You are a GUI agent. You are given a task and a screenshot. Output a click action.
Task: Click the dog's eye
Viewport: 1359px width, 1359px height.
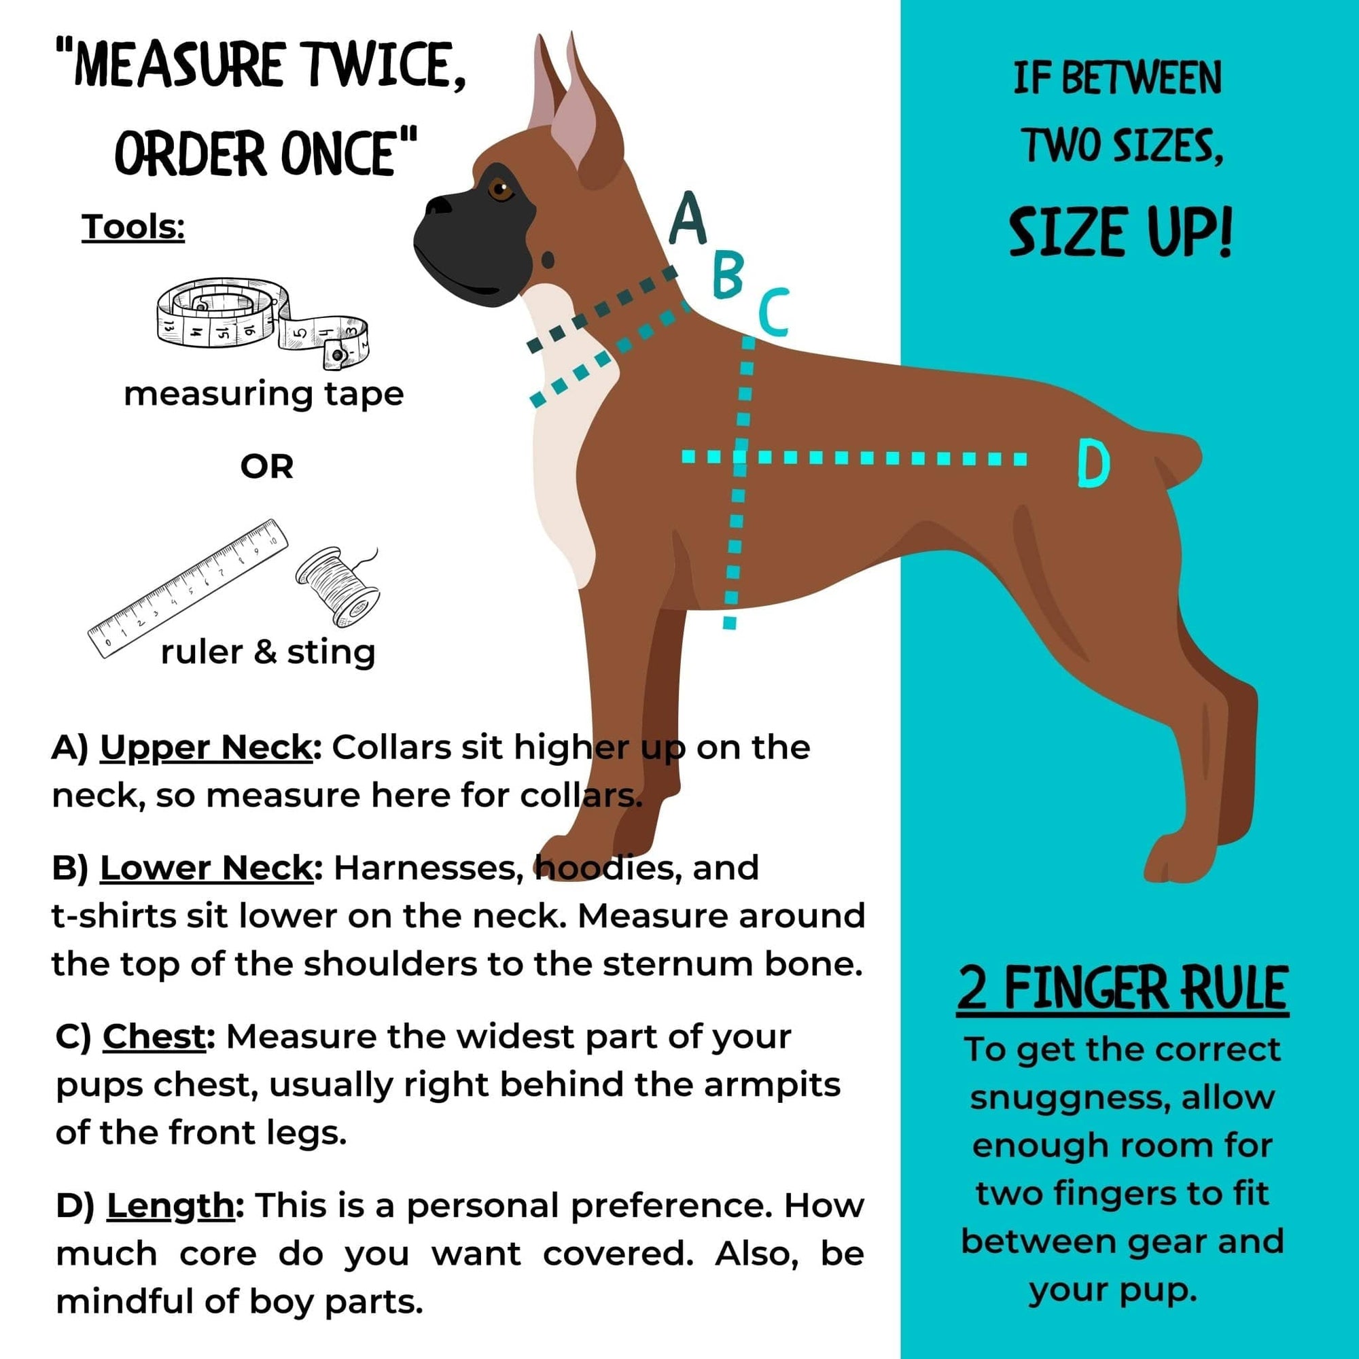[500, 188]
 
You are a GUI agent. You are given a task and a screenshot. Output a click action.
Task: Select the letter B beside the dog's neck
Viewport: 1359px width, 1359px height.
[727, 275]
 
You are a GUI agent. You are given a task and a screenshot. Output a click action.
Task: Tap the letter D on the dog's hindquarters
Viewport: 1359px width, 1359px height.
[1093, 463]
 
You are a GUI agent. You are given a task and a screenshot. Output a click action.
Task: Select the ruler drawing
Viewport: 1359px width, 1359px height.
[188, 587]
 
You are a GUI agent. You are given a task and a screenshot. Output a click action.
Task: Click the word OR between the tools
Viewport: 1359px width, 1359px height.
[266, 467]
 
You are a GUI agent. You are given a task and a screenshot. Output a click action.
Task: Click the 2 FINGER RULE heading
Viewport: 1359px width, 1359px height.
[1121, 988]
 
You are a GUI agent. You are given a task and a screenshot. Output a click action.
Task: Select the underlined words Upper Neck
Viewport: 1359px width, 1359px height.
[205, 747]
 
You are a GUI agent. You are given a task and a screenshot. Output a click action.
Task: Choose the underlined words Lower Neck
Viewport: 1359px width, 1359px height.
[206, 868]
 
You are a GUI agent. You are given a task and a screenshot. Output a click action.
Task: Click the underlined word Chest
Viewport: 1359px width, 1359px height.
[154, 1037]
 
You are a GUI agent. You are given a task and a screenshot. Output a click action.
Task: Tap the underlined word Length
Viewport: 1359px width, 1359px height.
[169, 1205]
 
